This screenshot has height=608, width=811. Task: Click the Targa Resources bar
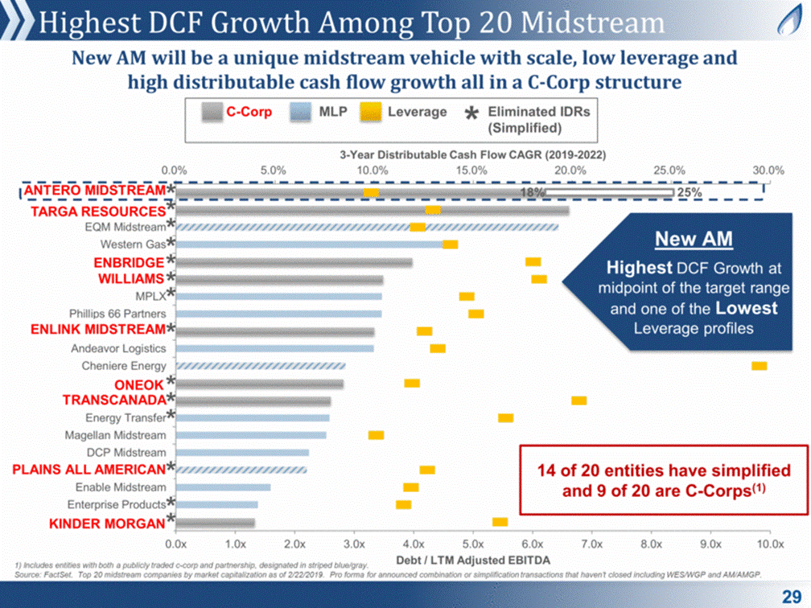(x=372, y=211)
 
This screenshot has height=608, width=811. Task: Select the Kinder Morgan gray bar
(x=215, y=523)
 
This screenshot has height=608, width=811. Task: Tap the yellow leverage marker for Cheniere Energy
(x=759, y=366)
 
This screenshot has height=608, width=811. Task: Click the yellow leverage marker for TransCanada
(x=578, y=401)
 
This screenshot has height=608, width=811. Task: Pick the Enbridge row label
(x=129, y=262)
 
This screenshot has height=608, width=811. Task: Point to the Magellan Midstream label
(x=116, y=435)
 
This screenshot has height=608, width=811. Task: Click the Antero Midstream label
(x=94, y=191)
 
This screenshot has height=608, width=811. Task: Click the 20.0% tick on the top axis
(x=570, y=170)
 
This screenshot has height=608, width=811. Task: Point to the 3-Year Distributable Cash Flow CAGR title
(x=471, y=154)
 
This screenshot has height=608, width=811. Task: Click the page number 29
(x=790, y=595)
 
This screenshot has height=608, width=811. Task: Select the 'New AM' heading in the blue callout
(x=682, y=239)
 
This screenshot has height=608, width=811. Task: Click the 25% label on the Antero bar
(x=690, y=193)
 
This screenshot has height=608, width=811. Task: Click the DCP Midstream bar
(x=241, y=453)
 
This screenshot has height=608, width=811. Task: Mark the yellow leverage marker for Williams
(x=539, y=279)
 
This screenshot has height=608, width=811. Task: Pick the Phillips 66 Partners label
(x=118, y=314)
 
